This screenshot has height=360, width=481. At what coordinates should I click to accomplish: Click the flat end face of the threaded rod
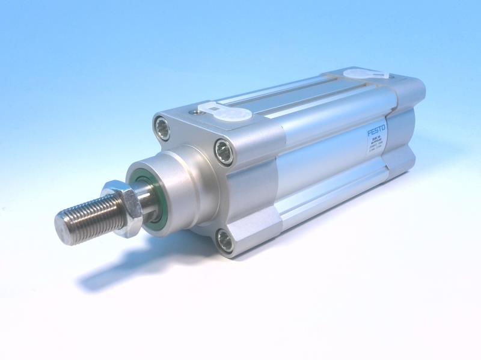pyautogui.click(x=63, y=227)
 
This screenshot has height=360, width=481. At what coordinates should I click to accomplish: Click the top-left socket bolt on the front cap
pyautogui.click(x=162, y=127)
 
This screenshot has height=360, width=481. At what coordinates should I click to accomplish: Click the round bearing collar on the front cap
pyautogui.click(x=180, y=189)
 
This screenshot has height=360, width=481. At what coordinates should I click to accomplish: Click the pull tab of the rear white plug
pyautogui.click(x=381, y=77)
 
